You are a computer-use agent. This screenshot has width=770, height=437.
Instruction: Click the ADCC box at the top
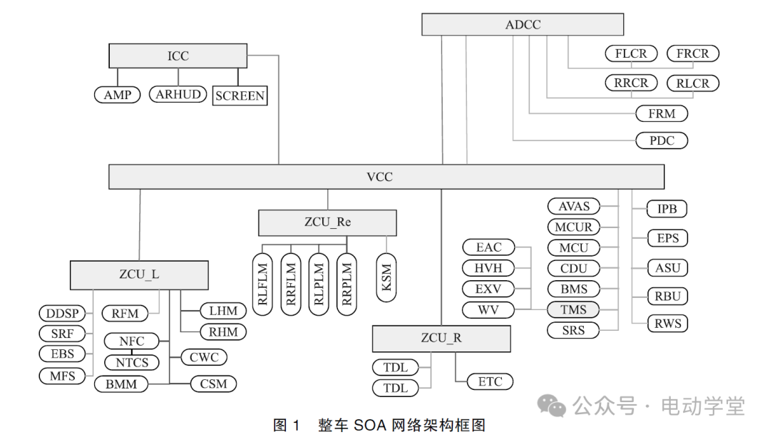pyautogui.click(x=523, y=24)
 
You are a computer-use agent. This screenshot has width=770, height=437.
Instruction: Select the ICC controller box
pyautogui.click(x=178, y=56)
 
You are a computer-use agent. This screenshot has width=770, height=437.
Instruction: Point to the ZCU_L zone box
pyautogui.click(x=139, y=274)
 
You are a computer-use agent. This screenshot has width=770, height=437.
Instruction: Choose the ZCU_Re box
pyautogui.click(x=327, y=222)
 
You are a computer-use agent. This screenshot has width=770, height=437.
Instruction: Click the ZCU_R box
pyautogui.click(x=441, y=338)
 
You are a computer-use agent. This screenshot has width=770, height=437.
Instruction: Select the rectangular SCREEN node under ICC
pyautogui.click(x=240, y=96)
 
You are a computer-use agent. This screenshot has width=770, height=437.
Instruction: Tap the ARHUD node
pyautogui.click(x=178, y=94)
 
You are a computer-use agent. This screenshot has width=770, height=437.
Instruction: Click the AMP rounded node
pyautogui.click(x=118, y=94)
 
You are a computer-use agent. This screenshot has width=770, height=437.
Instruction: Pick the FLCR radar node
pyautogui.click(x=631, y=53)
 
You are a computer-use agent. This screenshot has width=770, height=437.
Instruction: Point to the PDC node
pyautogui.click(x=661, y=140)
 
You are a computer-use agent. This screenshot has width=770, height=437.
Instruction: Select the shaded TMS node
pyautogui.click(x=573, y=309)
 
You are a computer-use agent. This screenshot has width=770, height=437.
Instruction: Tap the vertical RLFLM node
pyautogui.click(x=263, y=284)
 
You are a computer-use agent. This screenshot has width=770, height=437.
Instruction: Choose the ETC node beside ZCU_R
pyautogui.click(x=490, y=381)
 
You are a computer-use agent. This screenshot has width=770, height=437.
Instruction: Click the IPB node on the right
pyautogui.click(x=667, y=209)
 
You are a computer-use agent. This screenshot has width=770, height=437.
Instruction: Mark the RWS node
pyautogui.click(x=668, y=324)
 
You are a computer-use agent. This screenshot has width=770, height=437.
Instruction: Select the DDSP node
pyautogui.click(x=61, y=313)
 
